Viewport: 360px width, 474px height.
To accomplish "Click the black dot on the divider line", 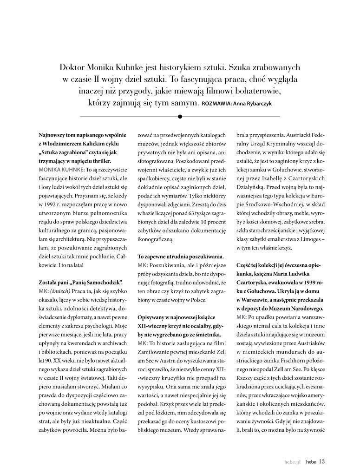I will pos(180,116).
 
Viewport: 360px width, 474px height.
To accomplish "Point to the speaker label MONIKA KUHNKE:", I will pos(58,171).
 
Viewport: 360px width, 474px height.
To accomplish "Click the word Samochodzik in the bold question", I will pos(101,282).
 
